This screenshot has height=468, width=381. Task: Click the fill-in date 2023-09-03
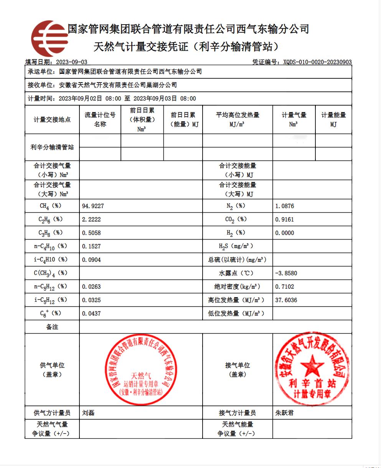pos(72,62)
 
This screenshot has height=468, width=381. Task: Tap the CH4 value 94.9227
pos(93,206)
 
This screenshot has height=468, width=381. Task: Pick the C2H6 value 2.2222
pos(91,220)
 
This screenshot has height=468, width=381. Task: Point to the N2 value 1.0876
pos(285,206)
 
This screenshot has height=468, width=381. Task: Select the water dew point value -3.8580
pos(286,273)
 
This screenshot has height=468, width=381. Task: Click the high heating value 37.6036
pos(286,300)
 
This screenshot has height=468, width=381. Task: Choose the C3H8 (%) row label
pos(52,233)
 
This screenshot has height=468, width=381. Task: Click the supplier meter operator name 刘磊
pos(88,413)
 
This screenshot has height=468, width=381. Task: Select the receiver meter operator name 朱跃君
pos(284,413)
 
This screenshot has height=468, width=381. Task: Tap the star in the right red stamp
pos(312,365)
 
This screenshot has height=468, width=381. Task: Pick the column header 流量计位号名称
pos(100,119)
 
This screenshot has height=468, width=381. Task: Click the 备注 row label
pos(52,327)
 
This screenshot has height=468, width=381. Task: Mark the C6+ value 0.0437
pos(91,313)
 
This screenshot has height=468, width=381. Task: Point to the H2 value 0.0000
pos(285,233)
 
